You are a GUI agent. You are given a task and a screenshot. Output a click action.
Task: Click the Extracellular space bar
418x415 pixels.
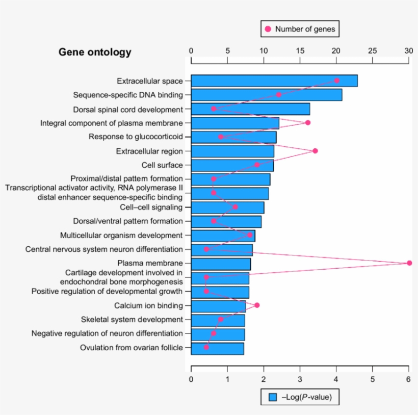pos(274,81)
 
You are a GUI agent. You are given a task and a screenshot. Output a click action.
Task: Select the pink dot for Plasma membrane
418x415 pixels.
pos(409,263)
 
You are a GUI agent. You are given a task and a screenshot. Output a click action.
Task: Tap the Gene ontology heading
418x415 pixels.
pos(95,52)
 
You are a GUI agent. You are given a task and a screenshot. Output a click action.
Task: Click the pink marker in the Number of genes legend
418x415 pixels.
pos(268,29)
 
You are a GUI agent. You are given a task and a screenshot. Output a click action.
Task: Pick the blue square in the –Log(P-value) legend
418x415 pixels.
pos(273,397)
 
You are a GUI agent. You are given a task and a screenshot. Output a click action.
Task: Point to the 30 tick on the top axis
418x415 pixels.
pos(409,61)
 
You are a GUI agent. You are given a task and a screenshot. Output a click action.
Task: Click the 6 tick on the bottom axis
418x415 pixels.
pos(409,369)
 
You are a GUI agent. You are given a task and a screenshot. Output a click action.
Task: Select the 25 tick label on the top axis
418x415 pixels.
pos(372,50)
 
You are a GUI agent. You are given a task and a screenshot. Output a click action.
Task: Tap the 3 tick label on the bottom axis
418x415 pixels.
pos(300,379)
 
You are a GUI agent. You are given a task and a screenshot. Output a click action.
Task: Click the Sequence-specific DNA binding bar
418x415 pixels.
pos(266,95)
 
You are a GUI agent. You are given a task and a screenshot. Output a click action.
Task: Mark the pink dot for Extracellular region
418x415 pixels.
pos(315,151)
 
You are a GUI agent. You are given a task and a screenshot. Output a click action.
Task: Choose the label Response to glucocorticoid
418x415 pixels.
pos(136,137)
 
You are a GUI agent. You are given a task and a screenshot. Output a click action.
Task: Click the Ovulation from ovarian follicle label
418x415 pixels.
pos(131,348)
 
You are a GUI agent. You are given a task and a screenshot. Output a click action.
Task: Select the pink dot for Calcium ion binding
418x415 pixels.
pos(257,305)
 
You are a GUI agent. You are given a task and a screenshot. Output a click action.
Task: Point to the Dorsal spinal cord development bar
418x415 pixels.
pos(250,109)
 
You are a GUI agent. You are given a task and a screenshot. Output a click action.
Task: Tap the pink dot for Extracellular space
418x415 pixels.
pos(336,81)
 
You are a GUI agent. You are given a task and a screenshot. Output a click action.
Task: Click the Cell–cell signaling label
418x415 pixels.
pos(151,207)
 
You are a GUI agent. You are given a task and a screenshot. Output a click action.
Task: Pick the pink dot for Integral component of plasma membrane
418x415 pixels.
pos(307,122)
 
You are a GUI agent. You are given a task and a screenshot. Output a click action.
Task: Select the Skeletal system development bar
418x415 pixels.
pos(218,320)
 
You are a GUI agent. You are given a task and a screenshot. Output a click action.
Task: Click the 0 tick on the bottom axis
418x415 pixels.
pos(191,369)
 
